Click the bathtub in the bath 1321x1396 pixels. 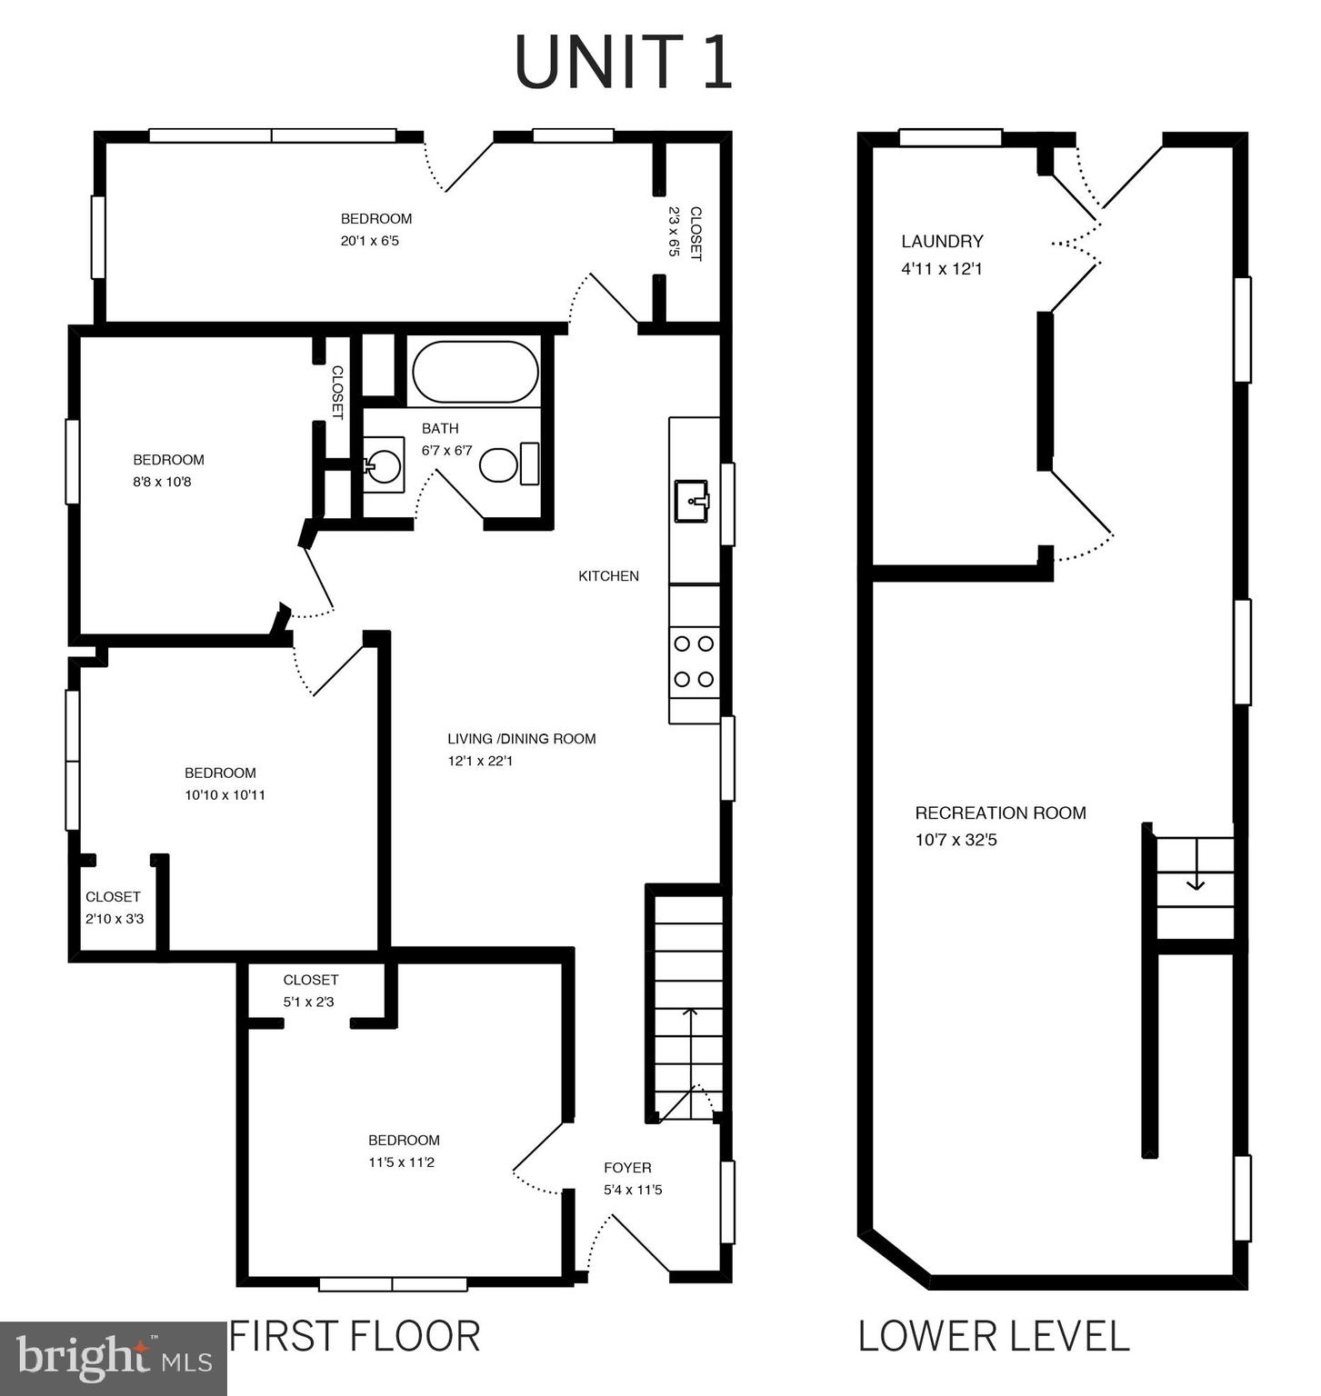pyautogui.click(x=475, y=372)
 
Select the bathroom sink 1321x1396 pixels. pyautogui.click(x=384, y=465)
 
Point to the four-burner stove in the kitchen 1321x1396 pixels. pyautogui.click(x=695, y=662)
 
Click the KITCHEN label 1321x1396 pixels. pyautogui.click(x=608, y=576)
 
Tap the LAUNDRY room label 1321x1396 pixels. pyautogui.click(x=942, y=242)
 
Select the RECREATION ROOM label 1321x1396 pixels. pyautogui.click(x=1000, y=813)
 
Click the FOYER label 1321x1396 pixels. pyautogui.click(x=627, y=1168)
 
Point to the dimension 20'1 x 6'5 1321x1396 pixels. pyautogui.click(x=370, y=242)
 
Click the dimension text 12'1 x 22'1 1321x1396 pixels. pyautogui.click(x=480, y=762)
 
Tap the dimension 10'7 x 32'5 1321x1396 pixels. pyautogui.click(x=956, y=840)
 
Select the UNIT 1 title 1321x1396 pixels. pyautogui.click(x=624, y=62)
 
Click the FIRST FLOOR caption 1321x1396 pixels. pyautogui.click(x=355, y=1336)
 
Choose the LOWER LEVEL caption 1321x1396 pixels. pyautogui.click(x=994, y=1337)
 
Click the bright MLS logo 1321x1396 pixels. pyautogui.click(x=113, y=1359)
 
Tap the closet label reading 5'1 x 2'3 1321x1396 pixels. pyautogui.click(x=311, y=1002)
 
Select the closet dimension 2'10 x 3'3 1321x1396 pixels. pyautogui.click(x=115, y=919)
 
